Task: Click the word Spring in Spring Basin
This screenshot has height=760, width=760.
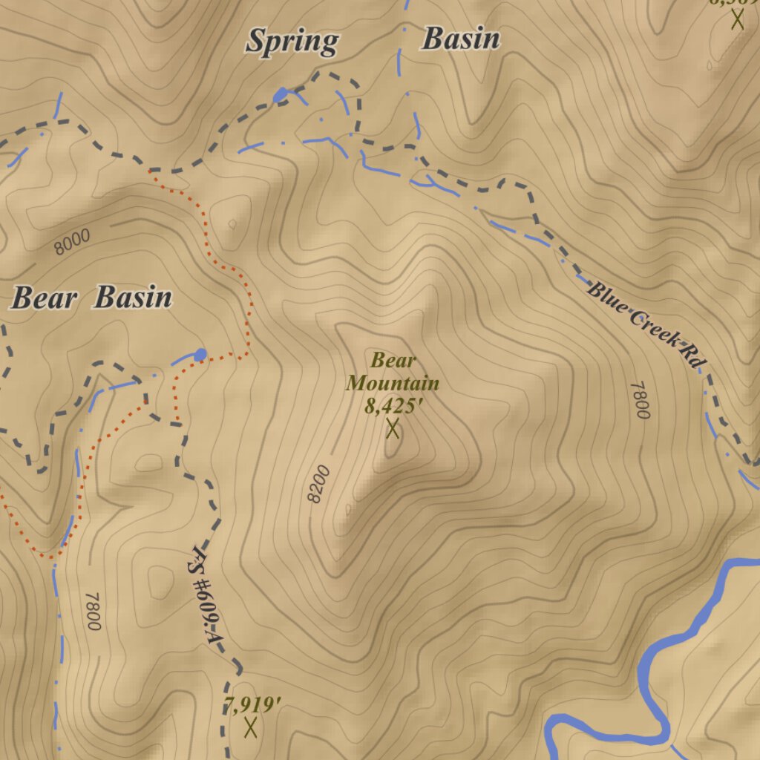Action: pos(292,42)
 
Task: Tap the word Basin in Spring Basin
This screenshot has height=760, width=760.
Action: pos(460,39)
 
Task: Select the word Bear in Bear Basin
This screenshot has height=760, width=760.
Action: pos(44,298)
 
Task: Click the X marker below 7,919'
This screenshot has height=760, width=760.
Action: pos(251,727)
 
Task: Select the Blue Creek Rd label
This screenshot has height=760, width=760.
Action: pos(645,323)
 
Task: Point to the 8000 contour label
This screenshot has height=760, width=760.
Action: pos(72,242)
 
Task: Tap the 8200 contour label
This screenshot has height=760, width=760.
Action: pos(317,484)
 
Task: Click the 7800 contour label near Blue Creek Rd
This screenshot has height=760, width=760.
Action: pos(640,400)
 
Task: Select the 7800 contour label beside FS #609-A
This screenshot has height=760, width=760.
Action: pos(92,611)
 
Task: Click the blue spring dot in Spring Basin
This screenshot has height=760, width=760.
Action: pos(281,94)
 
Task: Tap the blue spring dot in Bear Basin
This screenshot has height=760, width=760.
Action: pos(200,354)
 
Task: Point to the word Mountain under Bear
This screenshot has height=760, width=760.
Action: pos(393,384)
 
